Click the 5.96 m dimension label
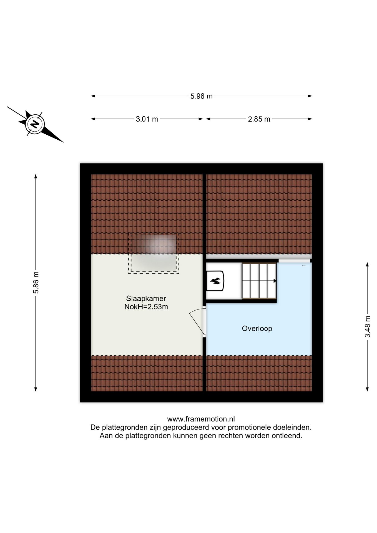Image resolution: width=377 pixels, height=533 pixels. [x=201, y=96]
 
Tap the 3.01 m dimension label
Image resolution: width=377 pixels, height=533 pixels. [x=147, y=119]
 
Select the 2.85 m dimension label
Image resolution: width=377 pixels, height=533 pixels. [x=259, y=119]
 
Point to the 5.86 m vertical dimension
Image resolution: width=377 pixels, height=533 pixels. [x=36, y=282]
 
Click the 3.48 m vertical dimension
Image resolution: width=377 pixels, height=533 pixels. [x=368, y=326]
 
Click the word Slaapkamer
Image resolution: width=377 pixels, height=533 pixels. [x=146, y=298]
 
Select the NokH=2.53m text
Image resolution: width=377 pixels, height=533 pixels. [x=146, y=307]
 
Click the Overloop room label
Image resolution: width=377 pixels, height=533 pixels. [x=257, y=328]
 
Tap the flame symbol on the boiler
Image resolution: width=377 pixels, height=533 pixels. [x=215, y=281]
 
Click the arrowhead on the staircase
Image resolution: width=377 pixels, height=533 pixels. [x=275, y=281]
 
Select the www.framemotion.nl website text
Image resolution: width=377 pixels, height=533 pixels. [x=201, y=419]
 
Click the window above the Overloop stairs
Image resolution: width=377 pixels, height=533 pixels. [x=294, y=260]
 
